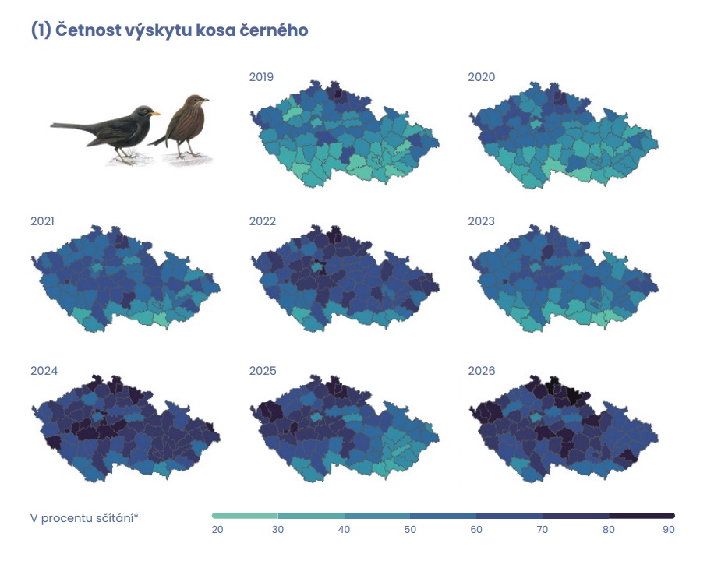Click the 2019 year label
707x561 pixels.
click(261, 77)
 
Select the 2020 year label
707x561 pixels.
click(481, 77)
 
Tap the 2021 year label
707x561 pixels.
click(43, 221)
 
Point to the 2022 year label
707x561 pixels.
click(262, 221)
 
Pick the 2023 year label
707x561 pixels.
click(481, 221)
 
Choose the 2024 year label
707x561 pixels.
click(44, 371)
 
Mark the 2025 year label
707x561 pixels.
click(262, 371)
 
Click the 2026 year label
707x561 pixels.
click(481, 371)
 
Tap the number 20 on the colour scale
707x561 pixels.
click(217, 530)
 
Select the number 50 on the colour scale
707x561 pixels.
click(410, 530)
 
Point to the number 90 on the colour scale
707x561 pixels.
click(668, 530)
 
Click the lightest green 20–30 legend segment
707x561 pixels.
click(245, 516)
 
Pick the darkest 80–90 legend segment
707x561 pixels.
click(642, 516)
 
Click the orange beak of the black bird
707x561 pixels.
click(156, 113)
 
